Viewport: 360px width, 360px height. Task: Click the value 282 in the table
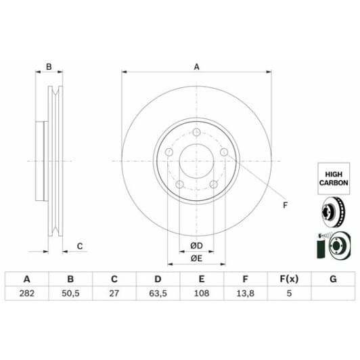click(27, 294)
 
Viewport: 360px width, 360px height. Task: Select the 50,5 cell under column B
click(70, 294)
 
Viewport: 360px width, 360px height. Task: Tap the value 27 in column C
click(114, 294)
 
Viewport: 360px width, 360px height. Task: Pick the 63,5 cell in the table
click(158, 294)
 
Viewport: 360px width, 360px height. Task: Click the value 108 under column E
click(202, 294)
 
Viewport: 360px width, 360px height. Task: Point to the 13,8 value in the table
click(246, 294)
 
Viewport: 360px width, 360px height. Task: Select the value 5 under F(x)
click(289, 294)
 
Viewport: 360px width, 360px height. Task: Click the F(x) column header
click(289, 279)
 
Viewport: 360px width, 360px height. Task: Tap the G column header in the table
click(332, 279)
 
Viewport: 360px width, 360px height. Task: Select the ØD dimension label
click(196, 245)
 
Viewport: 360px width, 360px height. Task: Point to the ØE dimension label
click(196, 258)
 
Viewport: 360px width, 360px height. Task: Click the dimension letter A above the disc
click(197, 67)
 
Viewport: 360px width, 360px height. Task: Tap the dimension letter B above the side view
click(49, 67)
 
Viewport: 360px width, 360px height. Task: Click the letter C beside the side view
click(79, 246)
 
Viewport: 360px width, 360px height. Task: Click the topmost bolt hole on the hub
click(196, 133)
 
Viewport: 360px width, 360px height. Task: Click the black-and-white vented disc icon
click(332, 211)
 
